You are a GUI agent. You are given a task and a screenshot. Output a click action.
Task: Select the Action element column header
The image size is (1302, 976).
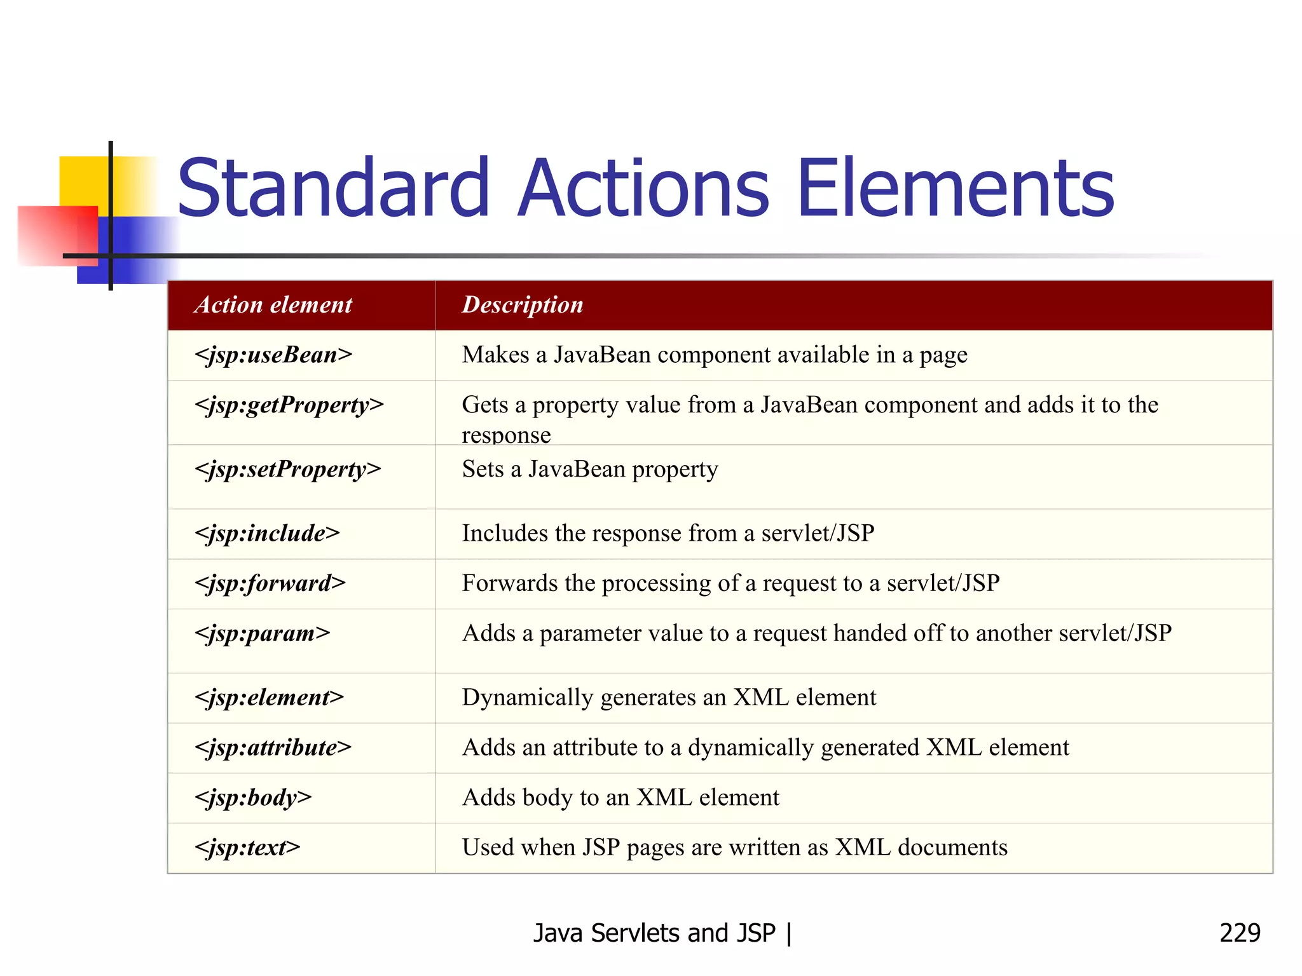coord(273,305)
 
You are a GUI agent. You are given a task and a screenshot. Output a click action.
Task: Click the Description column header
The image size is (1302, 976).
coord(523,305)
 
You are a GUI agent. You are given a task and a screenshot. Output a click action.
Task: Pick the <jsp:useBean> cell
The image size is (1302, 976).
coord(273,355)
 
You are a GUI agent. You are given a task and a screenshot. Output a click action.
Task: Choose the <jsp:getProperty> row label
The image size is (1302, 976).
coord(289,405)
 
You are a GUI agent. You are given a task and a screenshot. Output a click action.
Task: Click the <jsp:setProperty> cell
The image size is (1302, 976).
coord(288,470)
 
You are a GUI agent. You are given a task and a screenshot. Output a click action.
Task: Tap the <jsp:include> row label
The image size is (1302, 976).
coord(267,533)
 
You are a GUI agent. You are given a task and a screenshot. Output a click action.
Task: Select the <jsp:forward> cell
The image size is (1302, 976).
coord(270,583)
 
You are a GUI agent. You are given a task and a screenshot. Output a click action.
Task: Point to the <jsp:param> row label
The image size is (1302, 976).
coord(263,634)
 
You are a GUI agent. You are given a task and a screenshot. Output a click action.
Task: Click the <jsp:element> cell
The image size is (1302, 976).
coord(269,698)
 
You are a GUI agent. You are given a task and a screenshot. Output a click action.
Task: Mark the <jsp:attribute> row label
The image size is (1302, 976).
coord(273,748)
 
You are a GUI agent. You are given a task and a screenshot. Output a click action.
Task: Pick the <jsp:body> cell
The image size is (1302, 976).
coord(253,798)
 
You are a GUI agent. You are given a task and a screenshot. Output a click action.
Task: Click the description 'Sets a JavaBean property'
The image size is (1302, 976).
coord(590,470)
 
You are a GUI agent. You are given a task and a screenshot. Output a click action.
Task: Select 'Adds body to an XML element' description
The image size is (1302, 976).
coord(620,798)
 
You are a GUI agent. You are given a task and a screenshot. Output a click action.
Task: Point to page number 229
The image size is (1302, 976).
coord(1240,933)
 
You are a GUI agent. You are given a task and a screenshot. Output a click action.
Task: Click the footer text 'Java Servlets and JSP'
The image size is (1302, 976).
coord(655,933)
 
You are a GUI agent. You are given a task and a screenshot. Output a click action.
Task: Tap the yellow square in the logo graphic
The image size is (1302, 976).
coord(83,181)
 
